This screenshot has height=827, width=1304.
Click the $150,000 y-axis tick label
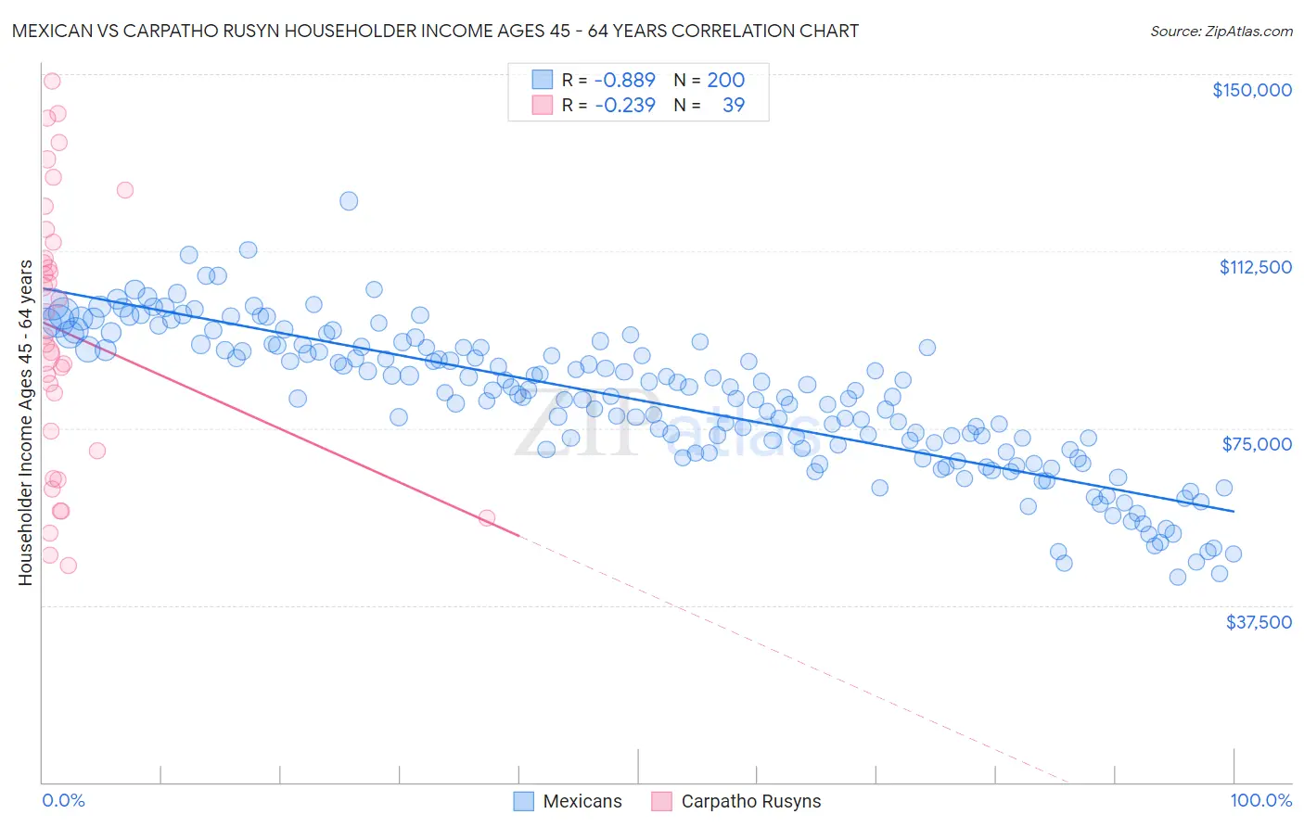tap(1251, 90)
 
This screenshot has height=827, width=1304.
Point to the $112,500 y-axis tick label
tap(1255, 267)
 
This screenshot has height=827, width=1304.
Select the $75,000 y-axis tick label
tap(1257, 444)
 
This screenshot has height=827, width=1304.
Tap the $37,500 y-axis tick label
tap(1259, 622)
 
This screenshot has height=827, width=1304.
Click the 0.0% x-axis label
tap(63, 801)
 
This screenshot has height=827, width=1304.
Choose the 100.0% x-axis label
tap(1260, 801)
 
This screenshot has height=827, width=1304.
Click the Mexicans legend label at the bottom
tap(582, 802)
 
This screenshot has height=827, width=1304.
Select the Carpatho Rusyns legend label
tap(751, 802)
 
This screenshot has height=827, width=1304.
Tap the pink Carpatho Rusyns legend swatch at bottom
tap(661, 802)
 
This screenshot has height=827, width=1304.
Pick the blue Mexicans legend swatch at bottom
tap(524, 802)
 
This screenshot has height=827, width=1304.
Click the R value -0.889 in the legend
tap(624, 81)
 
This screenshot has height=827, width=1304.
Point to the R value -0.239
tap(624, 106)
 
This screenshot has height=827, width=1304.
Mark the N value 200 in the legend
tap(725, 81)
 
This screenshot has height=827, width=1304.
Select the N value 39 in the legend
tap(733, 106)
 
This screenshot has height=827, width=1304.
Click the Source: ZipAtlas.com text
tap(1221, 32)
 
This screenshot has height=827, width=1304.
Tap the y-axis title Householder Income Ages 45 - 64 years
tap(26, 422)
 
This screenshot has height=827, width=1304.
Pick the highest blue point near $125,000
tap(349, 201)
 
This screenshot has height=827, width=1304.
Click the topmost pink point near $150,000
tap(52, 81)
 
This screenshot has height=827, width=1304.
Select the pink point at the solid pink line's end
tap(487, 518)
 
